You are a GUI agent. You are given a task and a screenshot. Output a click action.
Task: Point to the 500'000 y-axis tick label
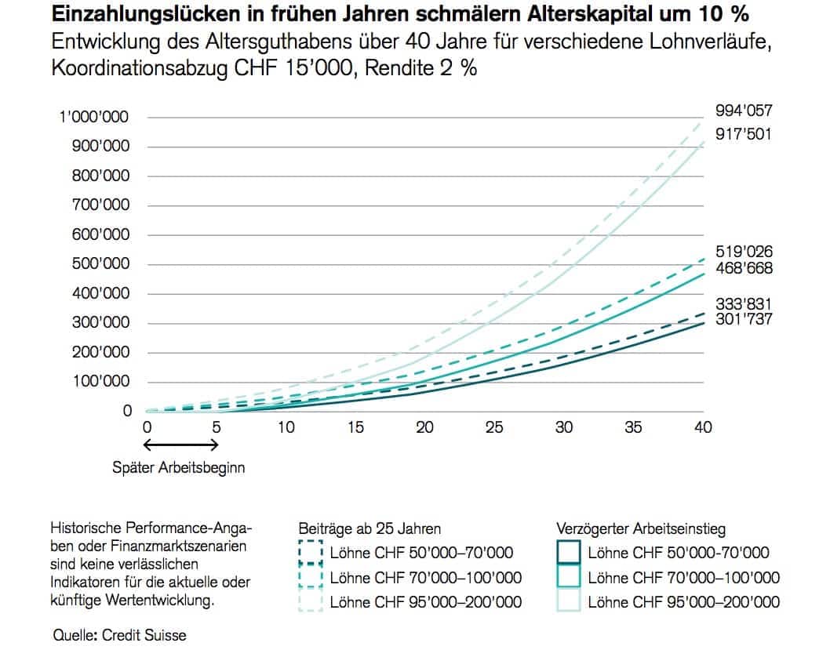coord(99,264)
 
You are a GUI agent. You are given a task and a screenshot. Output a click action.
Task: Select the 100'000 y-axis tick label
coord(99,382)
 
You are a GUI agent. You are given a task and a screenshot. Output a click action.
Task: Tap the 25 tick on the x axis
coord(494,427)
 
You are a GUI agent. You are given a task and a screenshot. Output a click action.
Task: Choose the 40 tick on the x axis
coord(703,427)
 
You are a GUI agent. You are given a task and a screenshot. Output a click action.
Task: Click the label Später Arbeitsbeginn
coord(179,468)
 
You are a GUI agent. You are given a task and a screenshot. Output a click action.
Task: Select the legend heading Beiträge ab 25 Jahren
coord(369,528)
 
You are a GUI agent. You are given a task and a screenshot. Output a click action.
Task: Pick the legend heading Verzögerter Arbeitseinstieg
coord(641,529)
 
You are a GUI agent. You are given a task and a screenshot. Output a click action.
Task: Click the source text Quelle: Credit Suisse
coord(120,635)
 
